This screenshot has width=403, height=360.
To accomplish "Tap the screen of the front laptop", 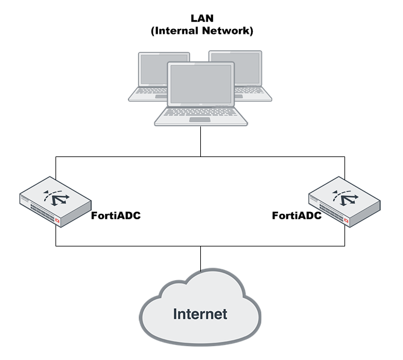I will point(200,83).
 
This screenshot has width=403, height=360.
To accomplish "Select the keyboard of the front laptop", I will point(200,112).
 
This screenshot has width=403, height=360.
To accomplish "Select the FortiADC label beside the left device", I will point(116,216).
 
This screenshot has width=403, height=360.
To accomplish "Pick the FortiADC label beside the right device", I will point(297,216).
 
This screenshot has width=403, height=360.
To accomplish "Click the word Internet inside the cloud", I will point(200,314).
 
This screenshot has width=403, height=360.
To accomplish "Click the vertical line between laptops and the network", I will point(200,141).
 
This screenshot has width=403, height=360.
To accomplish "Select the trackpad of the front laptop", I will point(200,120).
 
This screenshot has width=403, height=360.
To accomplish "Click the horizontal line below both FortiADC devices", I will point(200,246).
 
